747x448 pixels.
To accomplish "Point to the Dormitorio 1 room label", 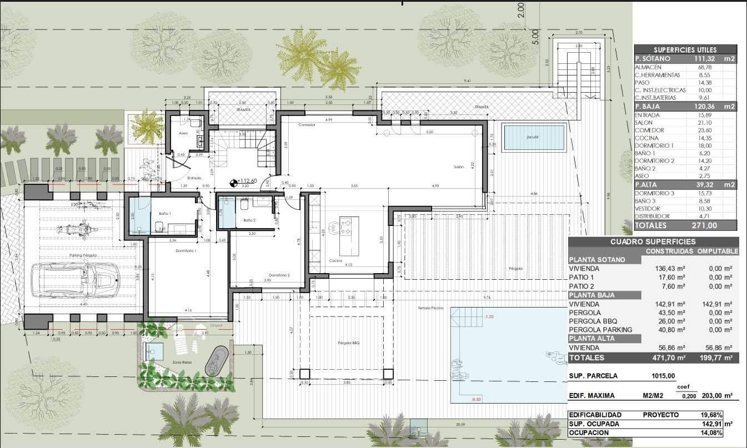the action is pos(187,251).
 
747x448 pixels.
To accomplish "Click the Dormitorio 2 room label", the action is pos(279,275).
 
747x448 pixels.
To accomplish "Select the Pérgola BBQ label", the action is pos(349,343).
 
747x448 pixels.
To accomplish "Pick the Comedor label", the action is pos(306,125).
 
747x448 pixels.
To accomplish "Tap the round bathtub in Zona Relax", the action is pos(217,361).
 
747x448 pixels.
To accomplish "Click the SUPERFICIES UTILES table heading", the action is pos(685,50).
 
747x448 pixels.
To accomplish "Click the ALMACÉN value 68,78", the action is pos(704,67).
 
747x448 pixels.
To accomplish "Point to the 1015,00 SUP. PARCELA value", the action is pos(663,376).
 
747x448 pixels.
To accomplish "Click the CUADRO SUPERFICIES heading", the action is pos(653,241).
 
